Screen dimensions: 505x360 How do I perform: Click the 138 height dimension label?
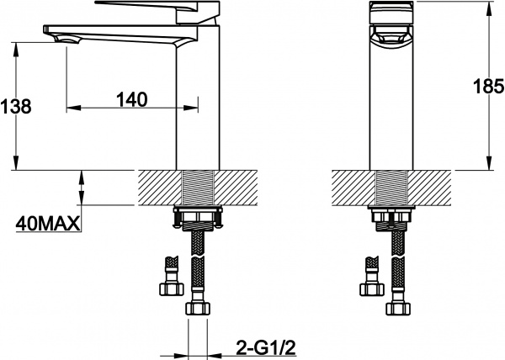click(x=16, y=106)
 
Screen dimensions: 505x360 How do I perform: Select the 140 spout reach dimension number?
click(x=132, y=99)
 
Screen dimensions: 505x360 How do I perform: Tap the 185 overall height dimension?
click(x=488, y=86)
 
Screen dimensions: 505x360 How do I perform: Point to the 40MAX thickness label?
click(x=48, y=223)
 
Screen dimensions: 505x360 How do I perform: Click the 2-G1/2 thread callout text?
click(x=266, y=347)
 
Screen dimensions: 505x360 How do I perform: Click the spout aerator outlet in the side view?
click(x=67, y=40)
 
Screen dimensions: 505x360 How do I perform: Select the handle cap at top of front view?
click(x=391, y=13)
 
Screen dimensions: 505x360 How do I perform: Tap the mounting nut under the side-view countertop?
click(x=198, y=218)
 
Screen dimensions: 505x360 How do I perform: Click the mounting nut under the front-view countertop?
click(x=391, y=218)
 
